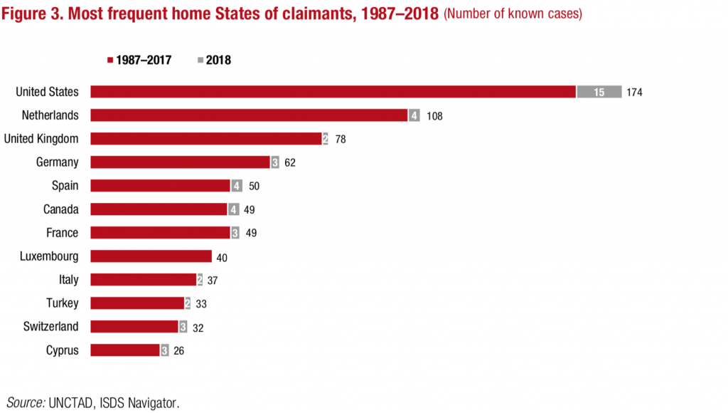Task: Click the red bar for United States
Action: tap(333, 92)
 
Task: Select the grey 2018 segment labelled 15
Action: tap(599, 92)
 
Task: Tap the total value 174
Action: tap(635, 92)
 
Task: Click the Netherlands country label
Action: tap(50, 115)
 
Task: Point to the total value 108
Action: tap(434, 115)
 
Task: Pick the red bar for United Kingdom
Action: tap(206, 139)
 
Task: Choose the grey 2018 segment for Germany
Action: tap(275, 162)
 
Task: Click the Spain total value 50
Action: tap(255, 186)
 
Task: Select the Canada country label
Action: tap(60, 209)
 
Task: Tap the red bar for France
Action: tap(160, 233)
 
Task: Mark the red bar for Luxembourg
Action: tap(151, 256)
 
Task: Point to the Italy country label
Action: tap(69, 280)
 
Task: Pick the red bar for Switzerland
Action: tap(134, 327)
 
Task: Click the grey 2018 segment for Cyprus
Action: tap(165, 350)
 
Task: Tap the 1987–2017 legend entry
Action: tap(139, 61)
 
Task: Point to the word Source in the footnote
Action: tap(26, 402)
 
